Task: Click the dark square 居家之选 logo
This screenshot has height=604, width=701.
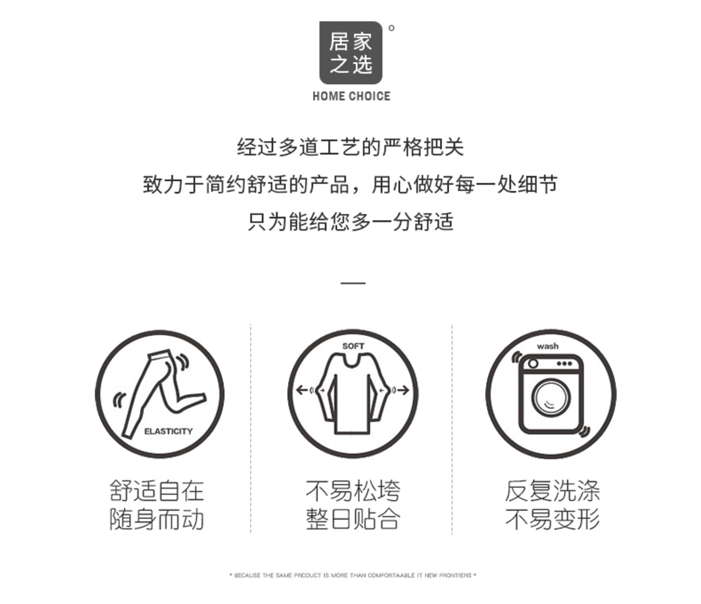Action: tap(350, 53)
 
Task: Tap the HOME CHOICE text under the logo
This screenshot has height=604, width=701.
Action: tap(352, 96)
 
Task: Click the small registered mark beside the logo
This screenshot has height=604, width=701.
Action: tap(392, 28)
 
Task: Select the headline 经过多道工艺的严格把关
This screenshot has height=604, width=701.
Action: tap(350, 147)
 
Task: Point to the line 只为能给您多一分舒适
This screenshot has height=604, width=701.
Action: tap(350, 222)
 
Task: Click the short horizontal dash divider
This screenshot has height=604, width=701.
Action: tap(353, 282)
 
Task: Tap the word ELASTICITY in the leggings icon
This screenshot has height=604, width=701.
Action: tap(168, 431)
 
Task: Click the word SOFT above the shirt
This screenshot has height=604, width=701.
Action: tap(353, 346)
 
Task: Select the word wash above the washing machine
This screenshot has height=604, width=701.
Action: tap(548, 346)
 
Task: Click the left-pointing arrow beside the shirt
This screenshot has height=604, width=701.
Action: tap(302, 390)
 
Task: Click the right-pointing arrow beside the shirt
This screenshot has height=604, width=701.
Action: tap(403, 390)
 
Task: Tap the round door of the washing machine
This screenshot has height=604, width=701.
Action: tap(551, 397)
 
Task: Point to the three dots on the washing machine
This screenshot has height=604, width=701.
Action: tap(565, 364)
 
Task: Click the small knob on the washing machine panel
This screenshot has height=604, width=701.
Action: tap(533, 364)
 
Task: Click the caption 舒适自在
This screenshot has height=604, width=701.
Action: tap(157, 491)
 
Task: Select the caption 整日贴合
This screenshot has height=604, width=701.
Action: tap(353, 519)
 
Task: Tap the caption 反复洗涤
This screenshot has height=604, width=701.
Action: tap(553, 491)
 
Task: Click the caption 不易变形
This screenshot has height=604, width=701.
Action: tap(553, 519)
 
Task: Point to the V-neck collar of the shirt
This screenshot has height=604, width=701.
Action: tap(353, 362)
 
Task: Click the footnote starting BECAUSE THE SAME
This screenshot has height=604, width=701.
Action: tap(353, 575)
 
